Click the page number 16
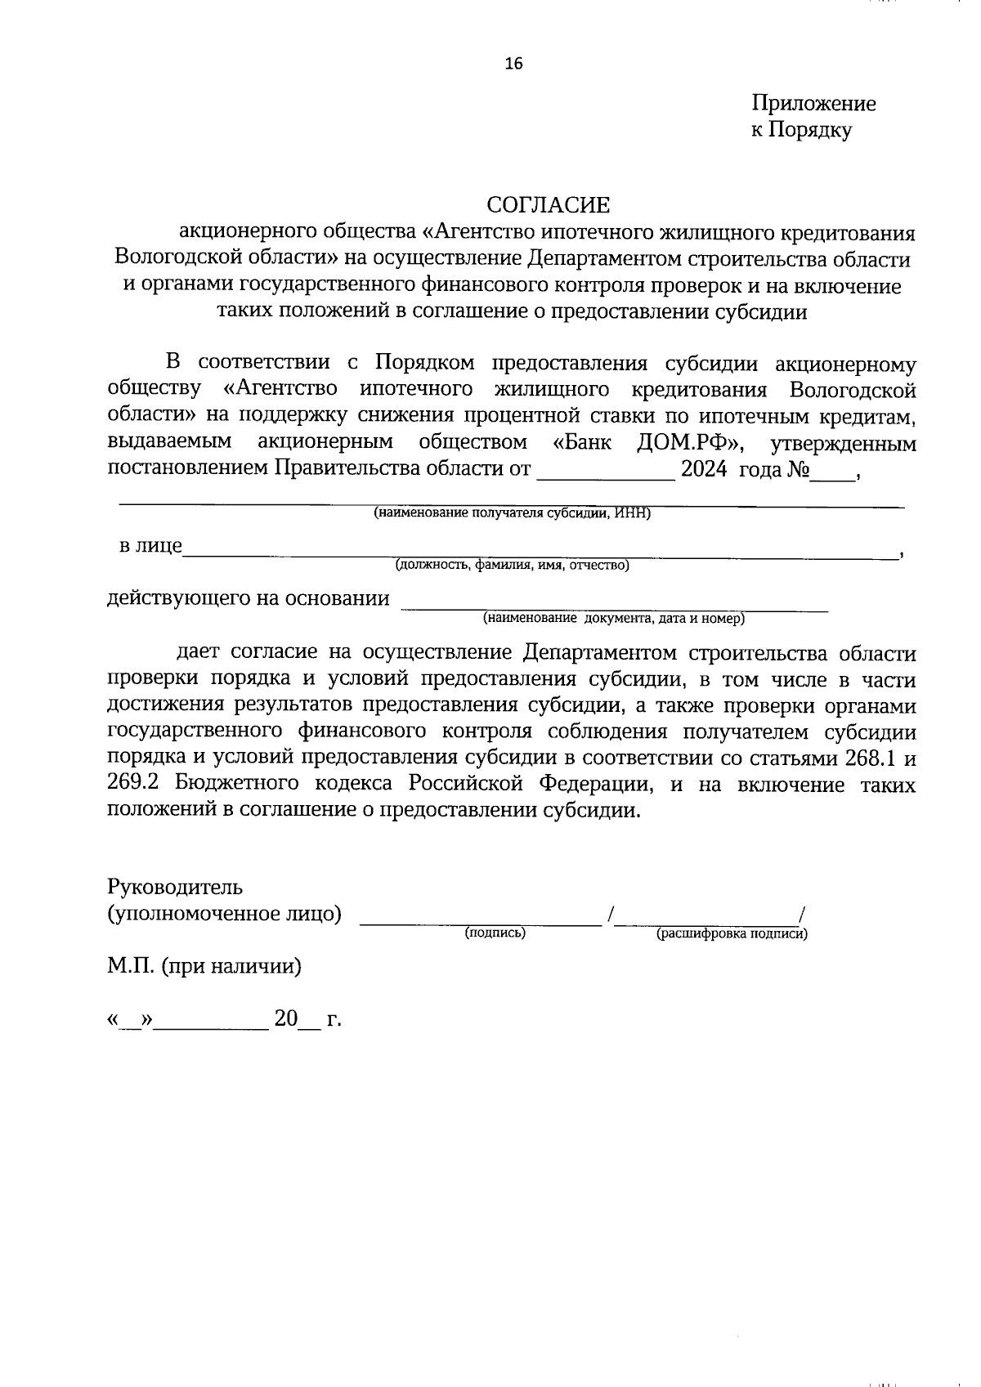pyautogui.click(x=513, y=64)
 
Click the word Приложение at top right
pyautogui.click(x=813, y=104)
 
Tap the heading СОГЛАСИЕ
pyautogui.click(x=549, y=204)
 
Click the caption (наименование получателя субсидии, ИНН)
pyautogui.click(x=512, y=513)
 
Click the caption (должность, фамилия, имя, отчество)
pyautogui.click(x=512, y=565)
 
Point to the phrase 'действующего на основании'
pyautogui.click(x=249, y=598)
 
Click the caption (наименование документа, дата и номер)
pyautogui.click(x=613, y=618)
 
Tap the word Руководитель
pyautogui.click(x=175, y=887)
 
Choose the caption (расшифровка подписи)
pyautogui.click(x=732, y=933)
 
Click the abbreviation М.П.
pyautogui.click(x=131, y=967)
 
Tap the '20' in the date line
pyautogui.click(x=286, y=1018)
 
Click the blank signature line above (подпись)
pyautogui.click(x=481, y=922)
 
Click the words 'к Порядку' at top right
pyautogui.click(x=801, y=130)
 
